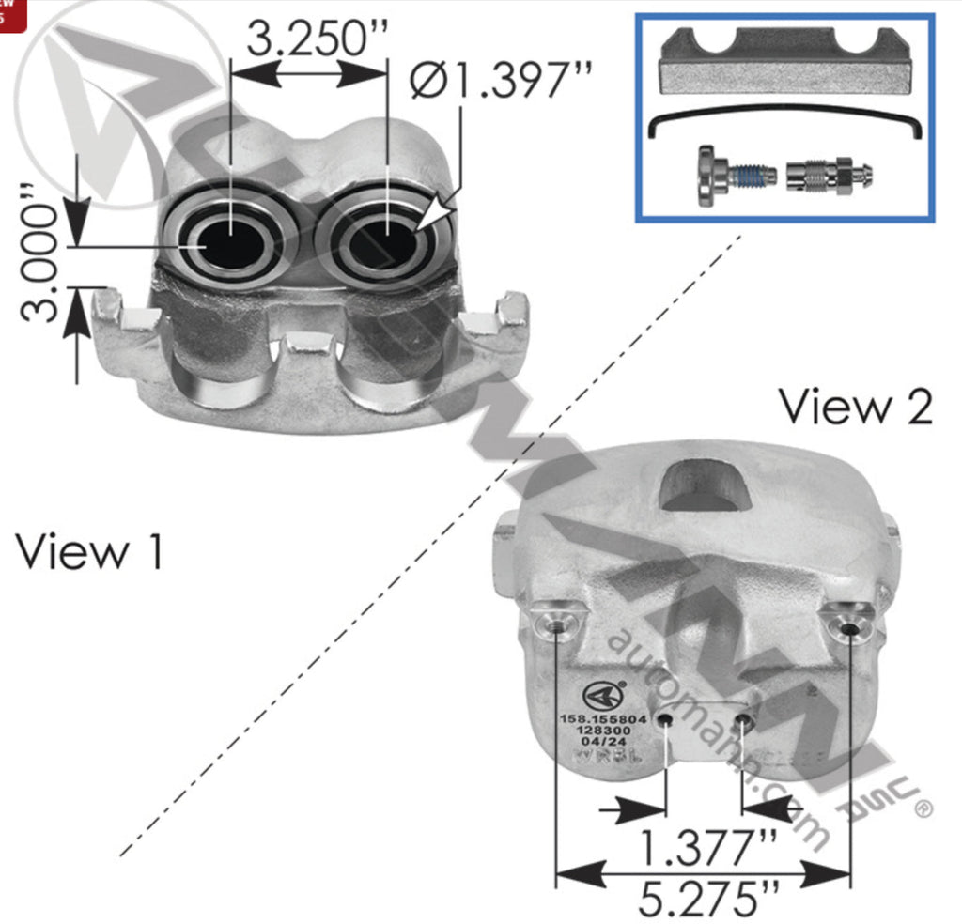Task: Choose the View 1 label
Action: coord(89,551)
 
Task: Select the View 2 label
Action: coord(855,408)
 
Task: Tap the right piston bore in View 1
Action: coord(387,242)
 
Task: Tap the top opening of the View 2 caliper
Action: coord(705,486)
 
